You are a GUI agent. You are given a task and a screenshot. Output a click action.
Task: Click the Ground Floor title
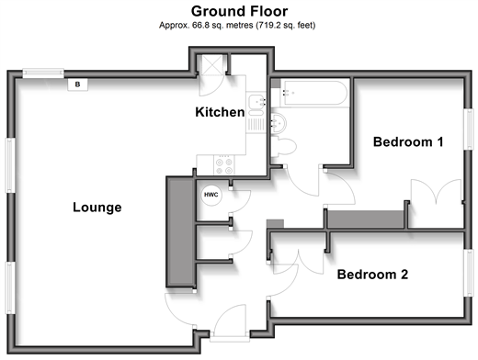(239, 12)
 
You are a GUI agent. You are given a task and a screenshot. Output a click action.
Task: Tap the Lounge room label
(97, 208)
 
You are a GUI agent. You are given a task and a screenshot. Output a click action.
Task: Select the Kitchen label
(220, 112)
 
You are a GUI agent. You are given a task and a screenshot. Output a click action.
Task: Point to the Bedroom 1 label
(408, 142)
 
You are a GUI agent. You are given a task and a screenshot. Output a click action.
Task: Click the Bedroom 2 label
(372, 275)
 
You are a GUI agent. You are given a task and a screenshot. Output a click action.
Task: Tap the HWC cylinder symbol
(211, 195)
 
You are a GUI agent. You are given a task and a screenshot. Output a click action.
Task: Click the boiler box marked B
(77, 84)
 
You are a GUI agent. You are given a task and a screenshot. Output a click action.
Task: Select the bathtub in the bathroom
(314, 93)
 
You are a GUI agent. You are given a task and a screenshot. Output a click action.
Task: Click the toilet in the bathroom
(284, 147)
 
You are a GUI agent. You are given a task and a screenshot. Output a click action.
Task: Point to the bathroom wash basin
(279, 123)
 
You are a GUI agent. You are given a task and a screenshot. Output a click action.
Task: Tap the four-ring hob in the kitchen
(224, 165)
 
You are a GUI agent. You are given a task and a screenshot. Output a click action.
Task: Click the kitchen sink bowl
(256, 102)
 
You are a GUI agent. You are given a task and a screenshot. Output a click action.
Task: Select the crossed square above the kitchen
(212, 65)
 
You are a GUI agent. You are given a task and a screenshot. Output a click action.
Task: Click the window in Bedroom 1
(468, 129)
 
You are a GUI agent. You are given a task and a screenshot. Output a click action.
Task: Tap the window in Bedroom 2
(468, 273)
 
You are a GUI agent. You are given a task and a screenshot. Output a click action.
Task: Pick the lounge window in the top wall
(43, 73)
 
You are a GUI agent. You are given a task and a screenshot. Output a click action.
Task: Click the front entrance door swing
(230, 321)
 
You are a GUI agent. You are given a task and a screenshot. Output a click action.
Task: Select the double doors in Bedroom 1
(437, 191)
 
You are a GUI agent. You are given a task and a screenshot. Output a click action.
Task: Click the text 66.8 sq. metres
(222, 25)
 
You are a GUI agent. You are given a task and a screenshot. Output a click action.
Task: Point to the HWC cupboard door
(241, 201)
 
